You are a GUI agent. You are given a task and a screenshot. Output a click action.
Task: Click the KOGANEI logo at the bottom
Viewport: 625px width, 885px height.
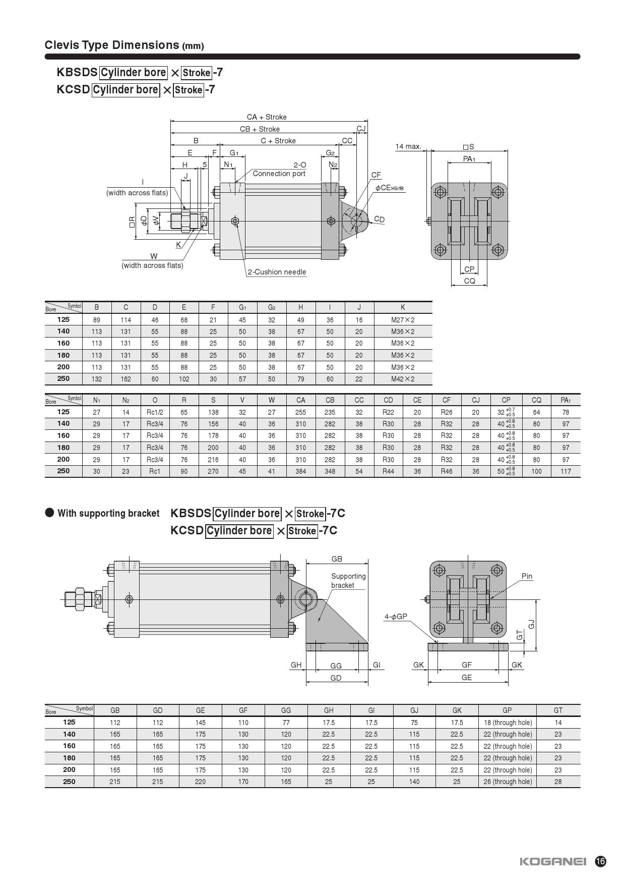(x=553, y=861)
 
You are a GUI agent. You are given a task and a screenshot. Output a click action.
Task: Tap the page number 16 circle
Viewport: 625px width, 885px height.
(x=600, y=861)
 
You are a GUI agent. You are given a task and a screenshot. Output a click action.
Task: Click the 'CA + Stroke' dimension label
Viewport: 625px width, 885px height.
(x=267, y=117)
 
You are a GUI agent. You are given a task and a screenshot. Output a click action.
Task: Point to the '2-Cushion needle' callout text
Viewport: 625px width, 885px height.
(x=277, y=272)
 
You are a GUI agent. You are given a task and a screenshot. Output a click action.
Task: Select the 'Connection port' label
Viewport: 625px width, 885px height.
(x=279, y=174)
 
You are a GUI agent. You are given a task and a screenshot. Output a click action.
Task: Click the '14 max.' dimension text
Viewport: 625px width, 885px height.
(x=408, y=146)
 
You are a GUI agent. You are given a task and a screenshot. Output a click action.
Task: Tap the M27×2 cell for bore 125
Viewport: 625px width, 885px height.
(x=403, y=320)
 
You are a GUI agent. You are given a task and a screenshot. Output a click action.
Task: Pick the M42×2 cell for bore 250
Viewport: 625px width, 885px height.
(x=403, y=379)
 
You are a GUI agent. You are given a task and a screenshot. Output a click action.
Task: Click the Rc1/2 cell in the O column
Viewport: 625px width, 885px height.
(x=155, y=412)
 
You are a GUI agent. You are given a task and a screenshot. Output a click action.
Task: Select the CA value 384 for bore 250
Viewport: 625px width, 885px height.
(x=300, y=471)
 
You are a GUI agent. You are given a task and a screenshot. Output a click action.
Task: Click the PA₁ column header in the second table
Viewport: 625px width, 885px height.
(x=566, y=400)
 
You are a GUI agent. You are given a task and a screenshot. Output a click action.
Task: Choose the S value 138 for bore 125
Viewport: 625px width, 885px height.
(x=213, y=412)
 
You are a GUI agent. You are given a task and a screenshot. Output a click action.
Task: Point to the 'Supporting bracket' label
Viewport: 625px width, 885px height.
(x=348, y=581)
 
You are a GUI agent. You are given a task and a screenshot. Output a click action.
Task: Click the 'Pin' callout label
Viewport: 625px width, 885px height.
(x=527, y=576)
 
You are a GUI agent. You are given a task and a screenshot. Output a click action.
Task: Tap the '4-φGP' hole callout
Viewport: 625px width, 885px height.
(x=396, y=617)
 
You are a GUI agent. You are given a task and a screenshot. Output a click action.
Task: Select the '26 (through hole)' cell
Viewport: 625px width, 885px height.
(x=508, y=782)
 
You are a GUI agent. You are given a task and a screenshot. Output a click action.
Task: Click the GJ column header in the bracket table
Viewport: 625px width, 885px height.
(x=414, y=710)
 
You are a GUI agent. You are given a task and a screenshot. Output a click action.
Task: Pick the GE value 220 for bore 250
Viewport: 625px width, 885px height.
(x=200, y=782)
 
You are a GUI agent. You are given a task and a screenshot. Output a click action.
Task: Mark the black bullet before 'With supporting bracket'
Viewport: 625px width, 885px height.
(x=49, y=513)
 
